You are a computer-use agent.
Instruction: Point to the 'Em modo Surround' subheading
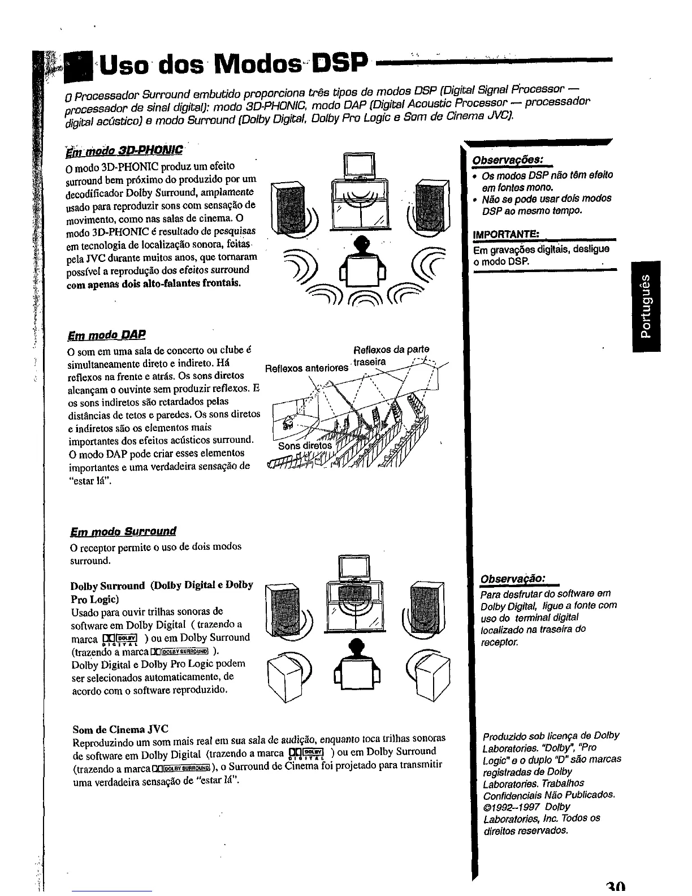pos(123,531)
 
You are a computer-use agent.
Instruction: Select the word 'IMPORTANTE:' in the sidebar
pos(507,235)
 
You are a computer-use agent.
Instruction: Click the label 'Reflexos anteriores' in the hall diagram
pos(306,368)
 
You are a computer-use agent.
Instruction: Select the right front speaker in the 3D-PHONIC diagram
pos(432,205)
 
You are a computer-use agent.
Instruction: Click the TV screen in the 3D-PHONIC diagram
pos(360,165)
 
